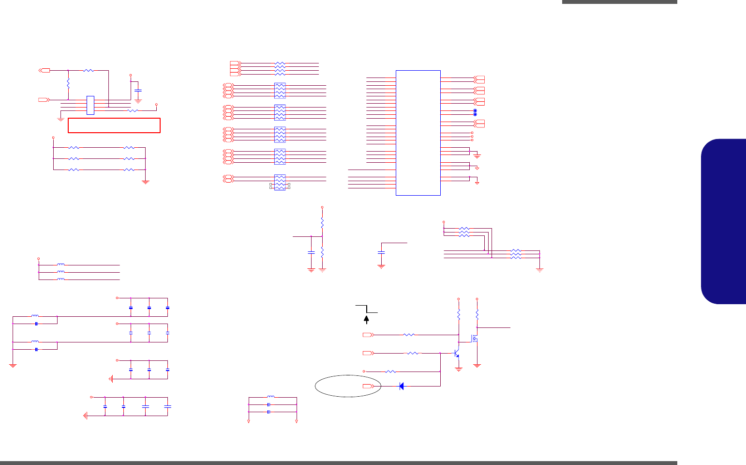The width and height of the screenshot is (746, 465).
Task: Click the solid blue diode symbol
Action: tap(402, 386)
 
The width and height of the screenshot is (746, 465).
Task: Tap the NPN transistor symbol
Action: tap(456, 354)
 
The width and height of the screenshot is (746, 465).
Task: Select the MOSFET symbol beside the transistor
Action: tap(475, 339)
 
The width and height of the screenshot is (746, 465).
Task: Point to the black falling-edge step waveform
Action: tap(366, 309)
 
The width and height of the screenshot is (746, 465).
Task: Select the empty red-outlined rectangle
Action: tap(114, 125)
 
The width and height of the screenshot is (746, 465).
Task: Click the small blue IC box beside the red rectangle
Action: tap(90, 105)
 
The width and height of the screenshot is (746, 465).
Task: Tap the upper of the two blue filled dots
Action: tap(475, 111)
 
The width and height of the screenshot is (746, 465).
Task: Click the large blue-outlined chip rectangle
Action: tap(418, 133)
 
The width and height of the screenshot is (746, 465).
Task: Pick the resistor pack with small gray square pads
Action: tap(280, 182)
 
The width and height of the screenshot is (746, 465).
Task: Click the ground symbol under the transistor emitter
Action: tap(459, 369)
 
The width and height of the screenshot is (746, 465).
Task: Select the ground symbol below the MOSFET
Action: tap(477, 365)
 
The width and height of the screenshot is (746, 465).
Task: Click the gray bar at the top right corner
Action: tap(619, 2)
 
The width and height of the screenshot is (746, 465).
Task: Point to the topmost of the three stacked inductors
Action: tap(61, 265)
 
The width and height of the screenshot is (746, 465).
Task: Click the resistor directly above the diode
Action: tap(391, 372)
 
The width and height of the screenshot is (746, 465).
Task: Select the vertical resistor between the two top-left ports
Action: tap(68, 84)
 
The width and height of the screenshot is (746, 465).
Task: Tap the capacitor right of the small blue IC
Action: tap(138, 91)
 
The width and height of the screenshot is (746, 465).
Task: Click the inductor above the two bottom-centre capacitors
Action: tap(271, 397)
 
